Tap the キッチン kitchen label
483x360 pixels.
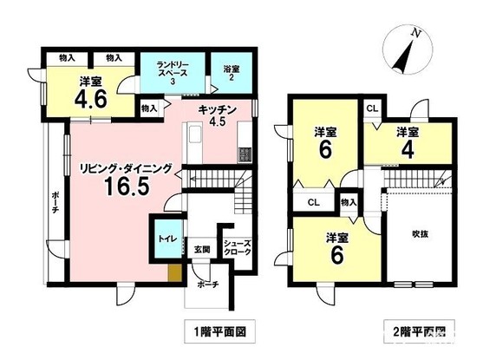click(x=212, y=110)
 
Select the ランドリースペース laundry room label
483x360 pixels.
click(x=173, y=69)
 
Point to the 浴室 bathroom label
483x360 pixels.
click(x=231, y=69)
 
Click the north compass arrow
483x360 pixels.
click(x=408, y=54)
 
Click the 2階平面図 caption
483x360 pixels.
click(x=416, y=330)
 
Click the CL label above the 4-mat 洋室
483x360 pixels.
click(x=371, y=108)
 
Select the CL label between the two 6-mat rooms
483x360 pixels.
click(x=311, y=202)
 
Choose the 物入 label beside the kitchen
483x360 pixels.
click(x=148, y=109)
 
